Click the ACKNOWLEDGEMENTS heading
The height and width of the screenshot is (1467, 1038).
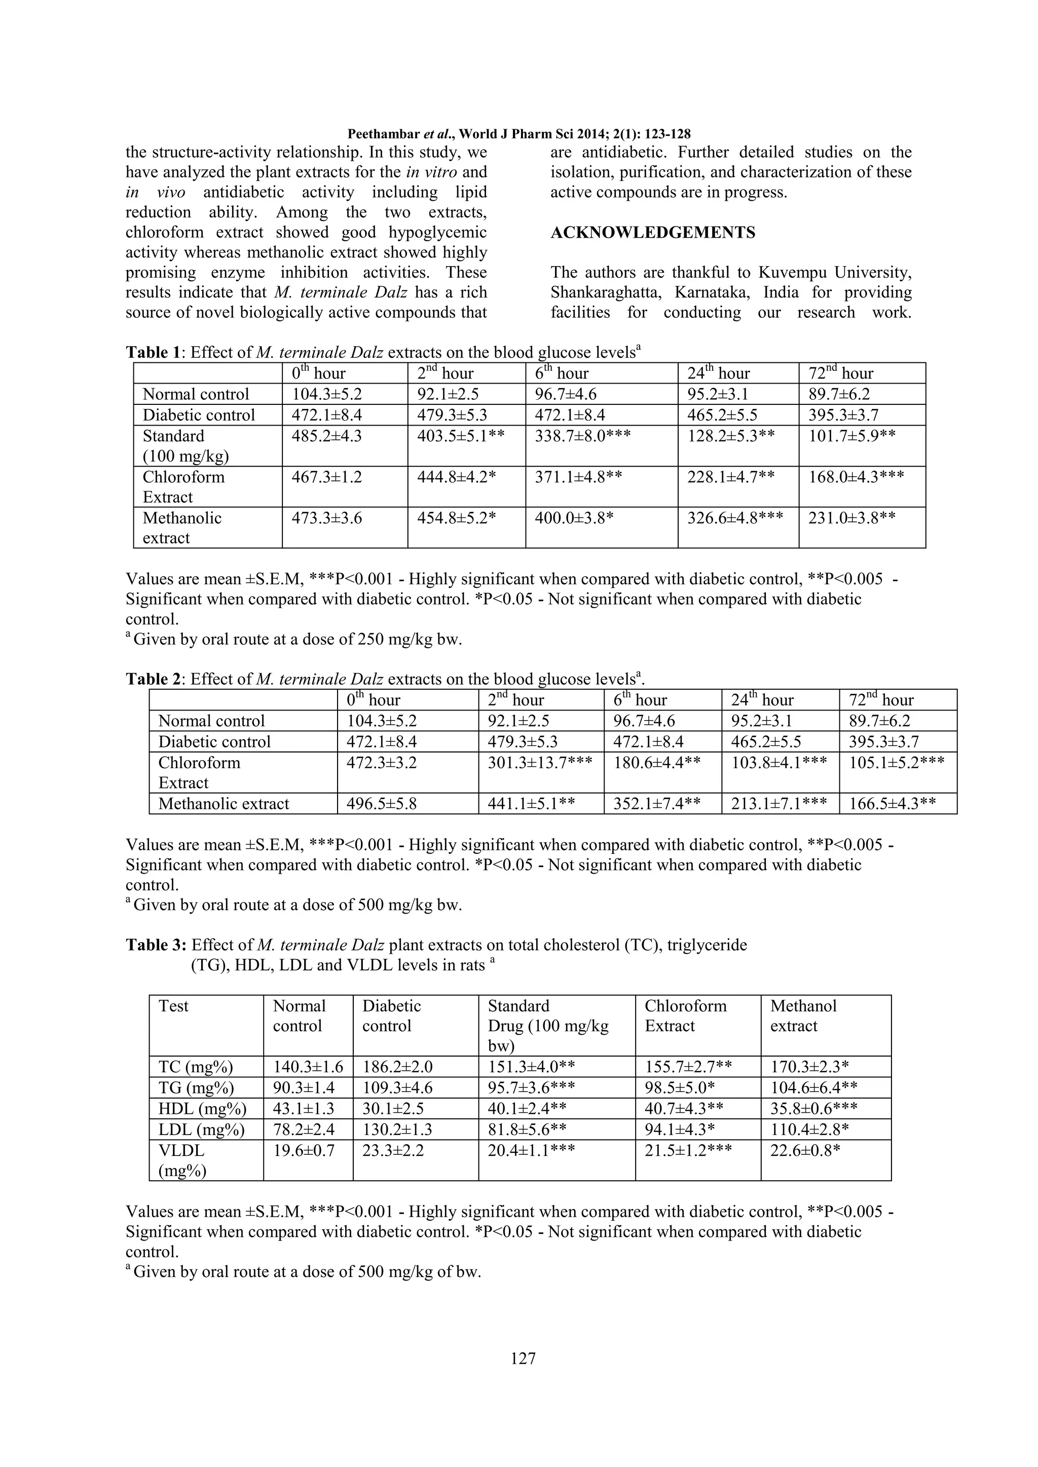[x=653, y=233]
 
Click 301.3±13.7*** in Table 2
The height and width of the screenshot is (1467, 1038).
[x=539, y=763]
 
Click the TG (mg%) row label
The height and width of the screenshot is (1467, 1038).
[x=196, y=1087]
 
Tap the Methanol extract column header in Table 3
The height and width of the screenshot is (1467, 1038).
[x=803, y=1016]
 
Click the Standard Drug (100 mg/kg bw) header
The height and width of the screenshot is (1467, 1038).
[x=548, y=1026]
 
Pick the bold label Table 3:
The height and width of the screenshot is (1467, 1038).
[x=156, y=945]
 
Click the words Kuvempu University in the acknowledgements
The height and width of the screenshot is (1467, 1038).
[x=835, y=273]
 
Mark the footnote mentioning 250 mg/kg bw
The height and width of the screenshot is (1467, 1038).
[x=294, y=640]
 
